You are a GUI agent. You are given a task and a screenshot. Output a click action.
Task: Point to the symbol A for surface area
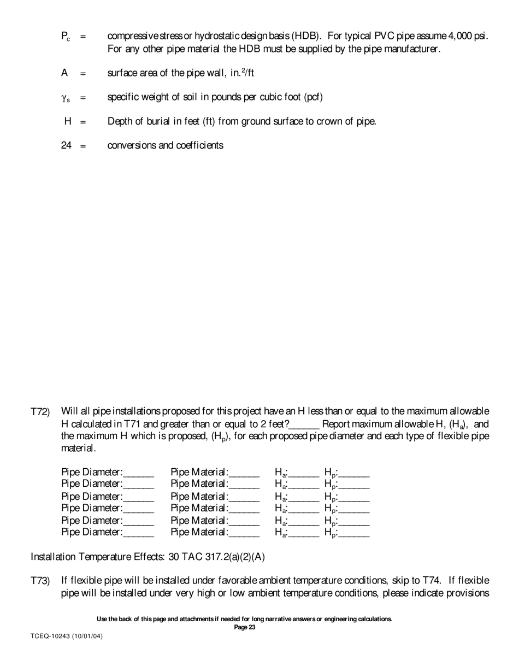coord(64,73)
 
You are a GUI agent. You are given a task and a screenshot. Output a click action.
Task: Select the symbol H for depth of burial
coord(68,121)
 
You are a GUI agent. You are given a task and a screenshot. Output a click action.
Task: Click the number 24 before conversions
coord(66,145)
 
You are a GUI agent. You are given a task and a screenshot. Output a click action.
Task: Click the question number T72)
coord(40,411)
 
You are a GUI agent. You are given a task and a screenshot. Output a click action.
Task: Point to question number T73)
coord(40,581)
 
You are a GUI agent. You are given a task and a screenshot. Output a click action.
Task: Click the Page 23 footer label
coord(244,627)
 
